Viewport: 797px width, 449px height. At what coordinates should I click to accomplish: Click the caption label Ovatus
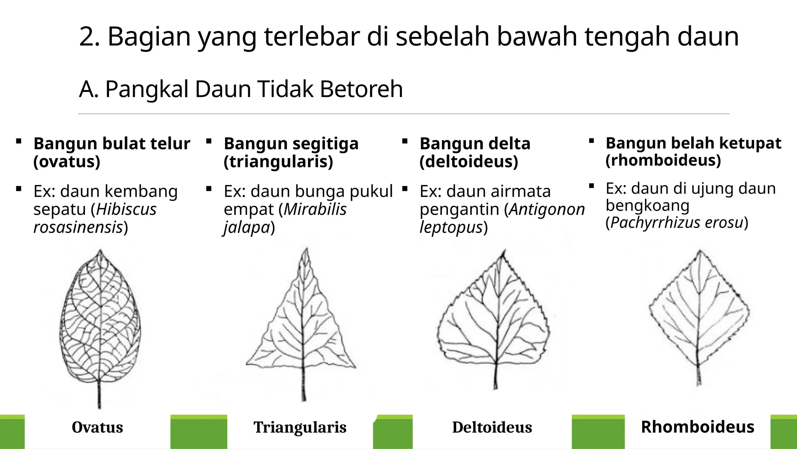(97, 427)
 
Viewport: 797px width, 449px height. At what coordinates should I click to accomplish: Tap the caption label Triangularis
(300, 427)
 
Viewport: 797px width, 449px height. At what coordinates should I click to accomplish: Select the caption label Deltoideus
(492, 427)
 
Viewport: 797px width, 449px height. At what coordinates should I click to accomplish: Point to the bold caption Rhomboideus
(697, 427)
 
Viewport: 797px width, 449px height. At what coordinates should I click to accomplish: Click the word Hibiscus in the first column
(126, 209)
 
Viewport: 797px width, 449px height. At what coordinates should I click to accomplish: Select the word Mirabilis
(315, 209)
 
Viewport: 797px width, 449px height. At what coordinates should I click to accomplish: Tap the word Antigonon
(547, 209)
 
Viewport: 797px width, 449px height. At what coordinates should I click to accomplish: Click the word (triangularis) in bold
(278, 161)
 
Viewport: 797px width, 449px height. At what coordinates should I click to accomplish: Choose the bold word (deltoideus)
(469, 161)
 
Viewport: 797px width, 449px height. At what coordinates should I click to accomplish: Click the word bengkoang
(647, 205)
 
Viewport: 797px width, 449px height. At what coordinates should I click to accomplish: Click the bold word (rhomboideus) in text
(663, 160)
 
